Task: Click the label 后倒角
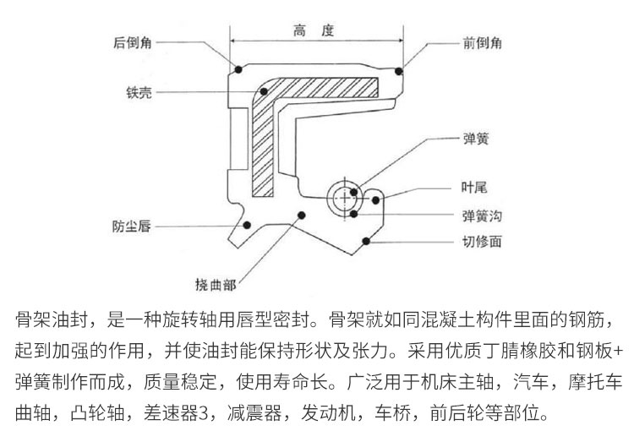click(x=133, y=41)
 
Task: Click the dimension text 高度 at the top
click(x=314, y=31)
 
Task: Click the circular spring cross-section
click(x=347, y=196)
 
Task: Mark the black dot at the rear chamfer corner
click(x=239, y=68)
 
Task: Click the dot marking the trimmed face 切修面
click(x=367, y=242)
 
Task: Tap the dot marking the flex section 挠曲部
click(x=299, y=215)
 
